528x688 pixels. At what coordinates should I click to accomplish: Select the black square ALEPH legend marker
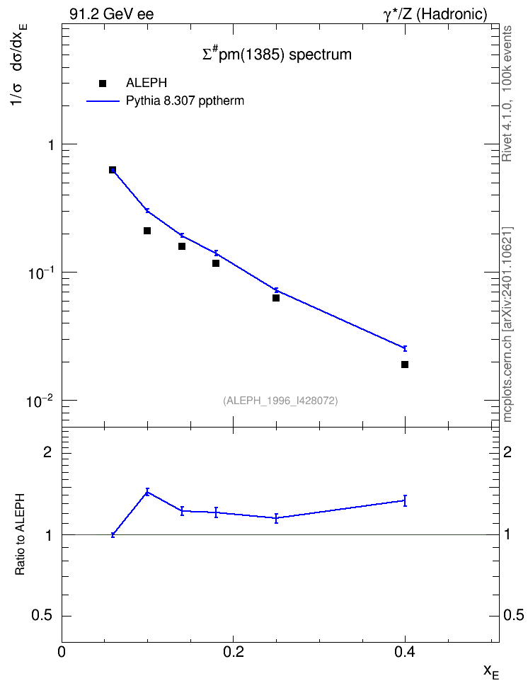point(103,83)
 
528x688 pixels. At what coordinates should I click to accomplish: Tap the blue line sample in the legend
point(103,101)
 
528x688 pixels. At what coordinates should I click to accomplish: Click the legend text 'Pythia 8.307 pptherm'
point(185,101)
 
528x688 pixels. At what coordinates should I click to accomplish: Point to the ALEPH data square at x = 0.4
point(405,365)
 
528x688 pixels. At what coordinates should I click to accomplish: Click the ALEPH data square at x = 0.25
point(275,298)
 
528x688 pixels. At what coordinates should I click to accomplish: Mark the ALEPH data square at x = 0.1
point(147,231)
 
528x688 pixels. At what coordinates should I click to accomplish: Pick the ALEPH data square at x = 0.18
point(215,263)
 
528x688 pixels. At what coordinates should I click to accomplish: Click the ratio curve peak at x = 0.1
point(147,492)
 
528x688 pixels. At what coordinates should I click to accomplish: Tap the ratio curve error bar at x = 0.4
point(405,500)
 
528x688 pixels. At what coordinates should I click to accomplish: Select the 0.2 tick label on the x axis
point(233,652)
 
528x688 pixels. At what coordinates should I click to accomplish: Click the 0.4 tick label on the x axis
point(405,652)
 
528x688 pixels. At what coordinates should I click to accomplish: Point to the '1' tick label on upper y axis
point(51,144)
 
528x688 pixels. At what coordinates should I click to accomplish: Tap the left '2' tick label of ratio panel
point(48,452)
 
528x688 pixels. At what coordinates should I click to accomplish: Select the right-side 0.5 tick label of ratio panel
point(514,615)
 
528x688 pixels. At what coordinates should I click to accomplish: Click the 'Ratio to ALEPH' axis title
point(20,535)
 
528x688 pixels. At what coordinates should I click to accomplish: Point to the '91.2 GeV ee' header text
point(112,14)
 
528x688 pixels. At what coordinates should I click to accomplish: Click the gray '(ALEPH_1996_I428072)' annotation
point(280,401)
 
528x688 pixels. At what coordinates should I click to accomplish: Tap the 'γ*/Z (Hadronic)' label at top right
point(435,14)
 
